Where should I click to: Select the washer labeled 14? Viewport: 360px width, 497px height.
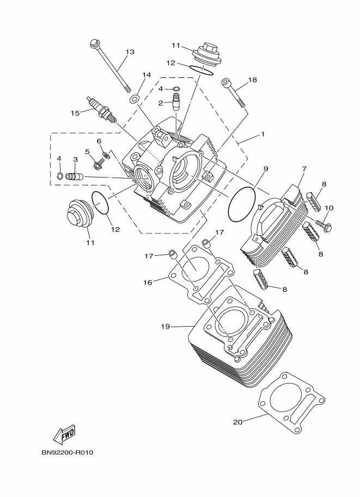pyautogui.click(x=134, y=99)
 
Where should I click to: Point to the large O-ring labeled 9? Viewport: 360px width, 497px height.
pyautogui.click(x=241, y=204)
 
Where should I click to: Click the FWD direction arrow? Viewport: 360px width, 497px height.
pyautogui.click(x=64, y=434)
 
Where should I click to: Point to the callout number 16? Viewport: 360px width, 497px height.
pyautogui.click(x=148, y=282)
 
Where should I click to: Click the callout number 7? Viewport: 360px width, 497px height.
pyautogui.click(x=304, y=169)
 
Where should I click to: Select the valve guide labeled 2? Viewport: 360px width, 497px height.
pyautogui.click(x=176, y=102)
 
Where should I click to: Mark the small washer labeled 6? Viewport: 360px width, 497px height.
pyautogui.click(x=106, y=156)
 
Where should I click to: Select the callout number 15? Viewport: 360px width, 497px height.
pyautogui.click(x=75, y=113)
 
